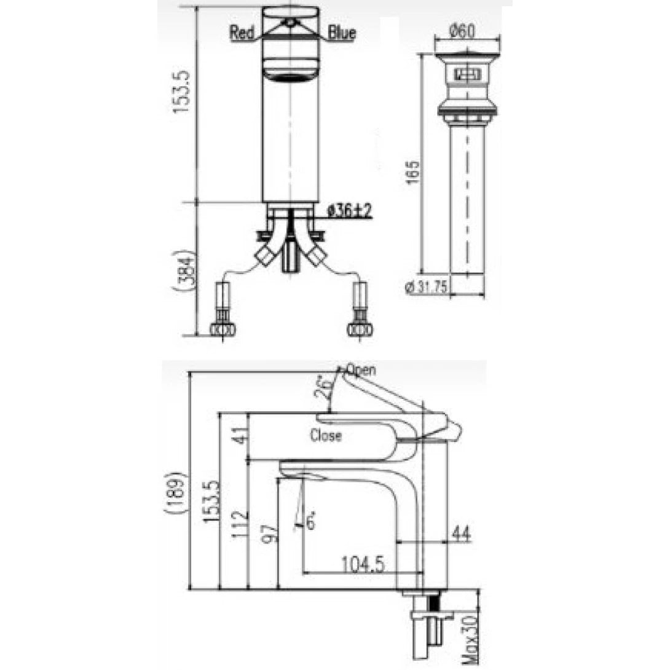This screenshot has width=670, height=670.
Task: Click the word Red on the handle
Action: click(242, 33)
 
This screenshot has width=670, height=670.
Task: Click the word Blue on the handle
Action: click(342, 33)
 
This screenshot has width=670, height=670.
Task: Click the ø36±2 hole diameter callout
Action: click(350, 211)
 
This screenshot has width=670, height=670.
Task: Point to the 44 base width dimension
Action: click(460, 534)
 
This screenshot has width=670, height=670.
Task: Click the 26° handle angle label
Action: click(327, 388)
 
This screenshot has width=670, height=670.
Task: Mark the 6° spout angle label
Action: click(310, 522)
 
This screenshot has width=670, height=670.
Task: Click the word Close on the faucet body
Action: click(326, 436)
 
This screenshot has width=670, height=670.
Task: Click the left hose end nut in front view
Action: click(222, 329)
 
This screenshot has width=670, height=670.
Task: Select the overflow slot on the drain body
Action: click(467, 75)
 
